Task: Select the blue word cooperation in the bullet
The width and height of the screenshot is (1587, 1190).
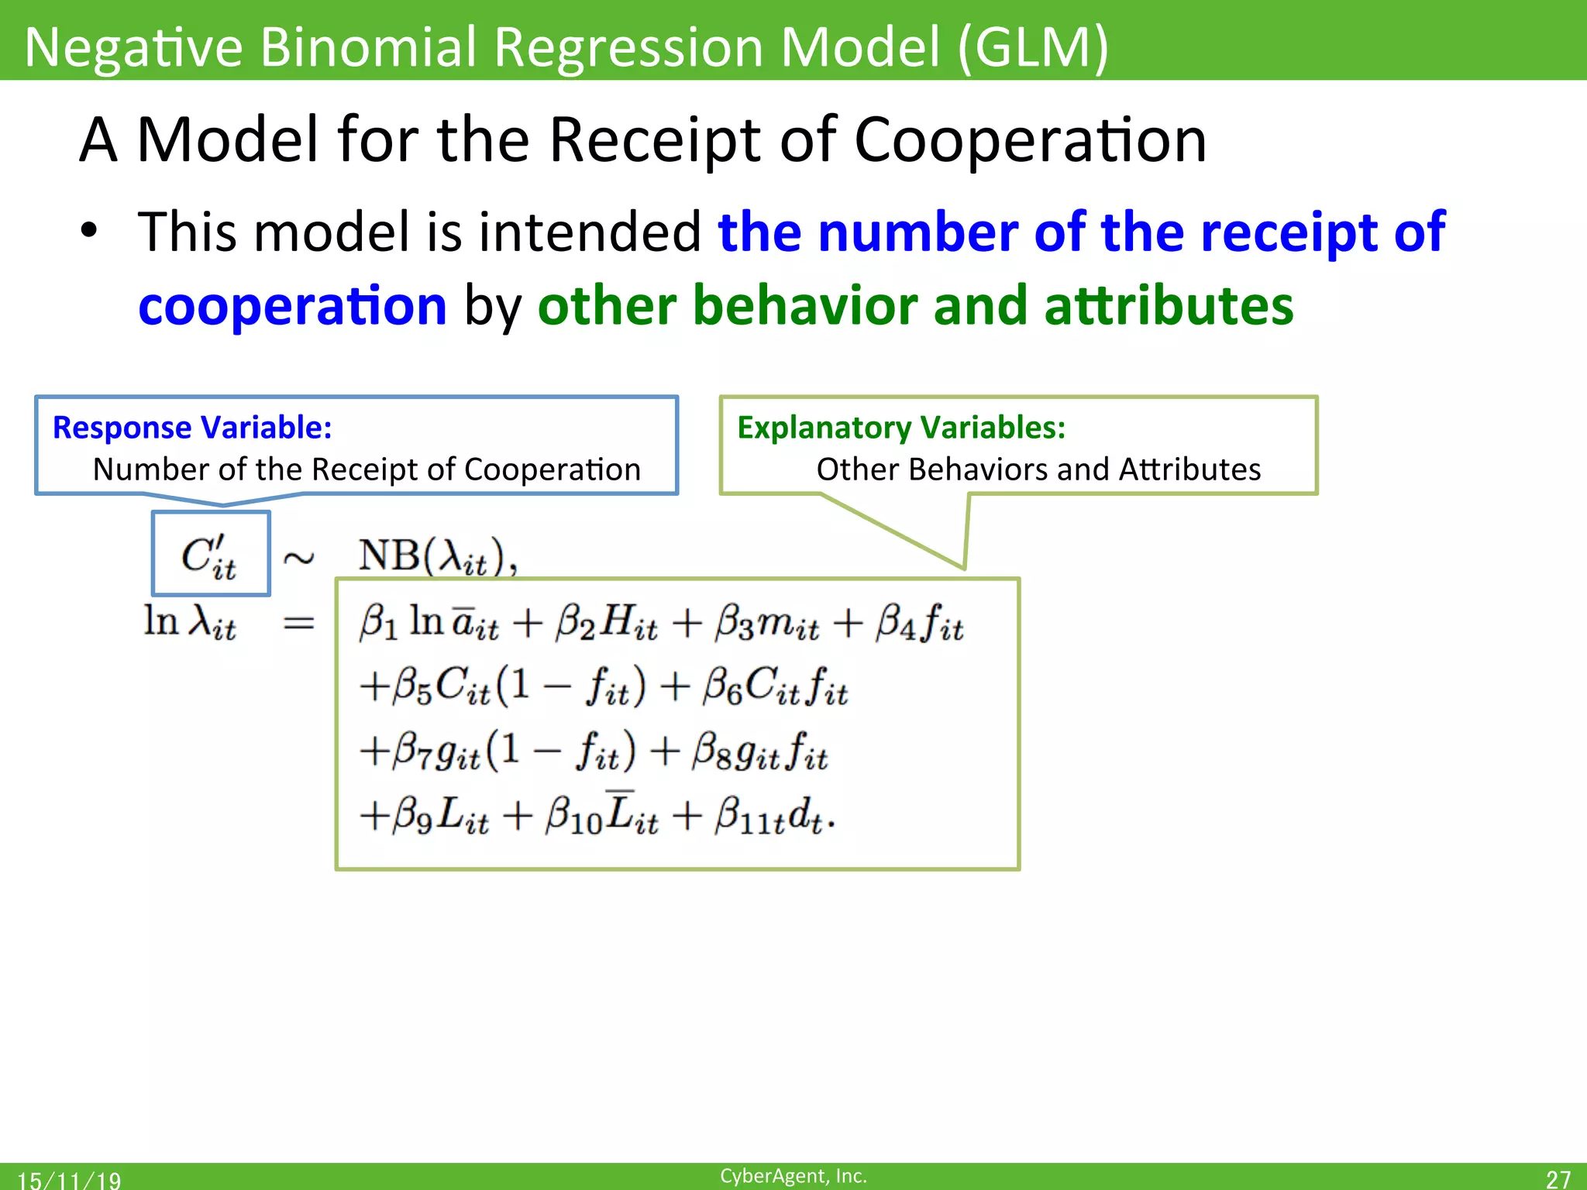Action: tap(292, 306)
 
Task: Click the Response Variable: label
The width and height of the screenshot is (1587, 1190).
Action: tap(192, 428)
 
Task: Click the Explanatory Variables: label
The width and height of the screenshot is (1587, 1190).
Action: tap(901, 428)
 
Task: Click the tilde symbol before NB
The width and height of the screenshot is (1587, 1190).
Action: tap(298, 558)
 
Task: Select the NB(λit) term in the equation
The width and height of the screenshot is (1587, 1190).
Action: tap(437, 556)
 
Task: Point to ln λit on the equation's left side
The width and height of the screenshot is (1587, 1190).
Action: tap(190, 622)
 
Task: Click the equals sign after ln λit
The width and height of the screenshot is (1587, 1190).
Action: tap(298, 623)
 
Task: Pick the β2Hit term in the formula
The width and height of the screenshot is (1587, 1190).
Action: tap(606, 623)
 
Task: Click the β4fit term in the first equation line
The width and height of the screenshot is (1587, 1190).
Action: tap(920, 623)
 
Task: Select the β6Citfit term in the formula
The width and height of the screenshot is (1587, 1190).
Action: tap(775, 687)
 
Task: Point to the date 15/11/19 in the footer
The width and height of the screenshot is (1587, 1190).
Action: tap(69, 1180)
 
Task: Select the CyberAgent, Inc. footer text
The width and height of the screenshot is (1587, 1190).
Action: tap(793, 1176)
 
